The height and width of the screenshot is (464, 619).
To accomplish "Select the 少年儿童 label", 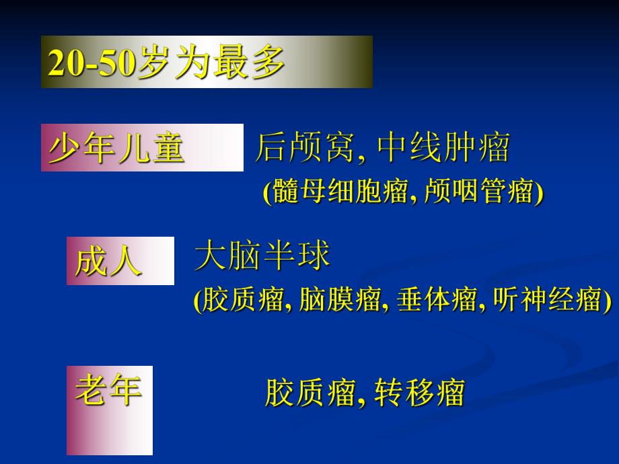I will point(116,149).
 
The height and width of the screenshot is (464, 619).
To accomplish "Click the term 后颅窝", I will point(304,148).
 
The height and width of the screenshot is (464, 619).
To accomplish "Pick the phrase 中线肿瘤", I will point(444,148).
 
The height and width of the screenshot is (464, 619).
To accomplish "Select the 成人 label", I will point(108,261).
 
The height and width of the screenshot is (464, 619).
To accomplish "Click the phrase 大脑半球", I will point(262,257).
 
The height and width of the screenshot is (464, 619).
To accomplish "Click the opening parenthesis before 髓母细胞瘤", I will point(267,193).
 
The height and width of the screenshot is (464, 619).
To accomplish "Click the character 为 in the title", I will point(189,65).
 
